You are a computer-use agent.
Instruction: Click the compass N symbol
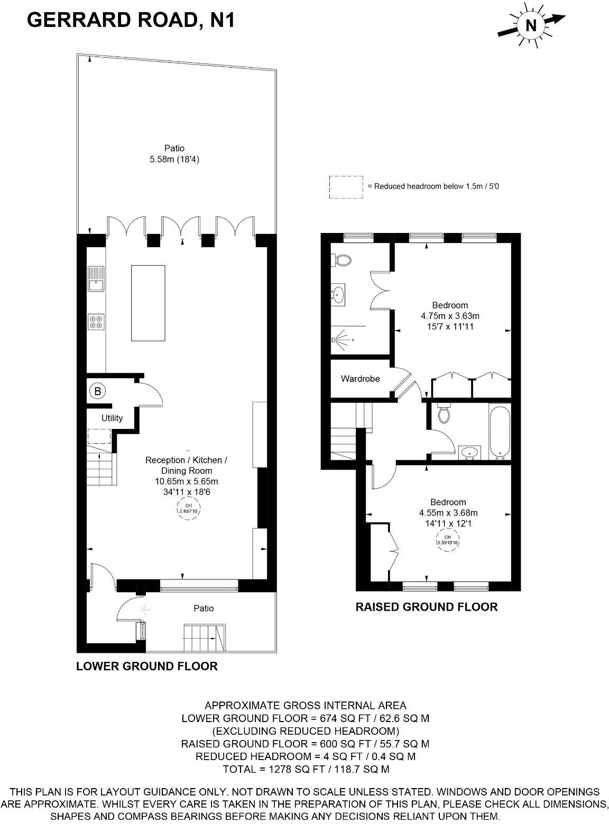531,25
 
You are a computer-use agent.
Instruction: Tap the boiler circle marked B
97,391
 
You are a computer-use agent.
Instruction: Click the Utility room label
112,418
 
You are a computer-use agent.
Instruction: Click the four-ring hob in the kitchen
96,322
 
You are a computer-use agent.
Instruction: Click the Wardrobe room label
360,379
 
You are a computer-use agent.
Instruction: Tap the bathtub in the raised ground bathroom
500,432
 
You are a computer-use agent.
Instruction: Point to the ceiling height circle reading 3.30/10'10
448,541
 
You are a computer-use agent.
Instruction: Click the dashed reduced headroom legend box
346,187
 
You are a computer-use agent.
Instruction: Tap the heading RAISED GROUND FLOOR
426,607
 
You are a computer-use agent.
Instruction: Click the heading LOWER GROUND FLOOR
147,666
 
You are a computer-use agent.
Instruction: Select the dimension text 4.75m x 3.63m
450,316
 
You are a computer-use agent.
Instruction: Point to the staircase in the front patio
204,638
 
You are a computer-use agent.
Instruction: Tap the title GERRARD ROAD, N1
131,20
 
